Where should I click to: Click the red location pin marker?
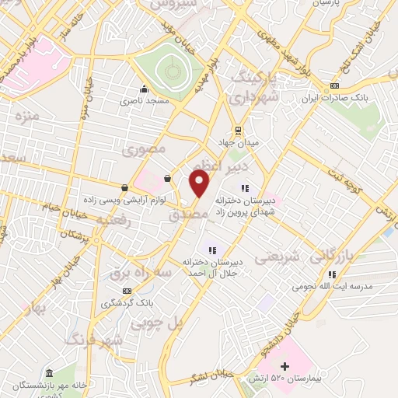coord(200,183)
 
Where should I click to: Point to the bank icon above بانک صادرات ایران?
coord(334,85)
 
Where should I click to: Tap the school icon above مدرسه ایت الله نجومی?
coord(332,274)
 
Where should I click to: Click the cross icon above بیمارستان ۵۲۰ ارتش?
coord(284,366)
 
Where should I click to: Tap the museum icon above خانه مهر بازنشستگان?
coord(49,374)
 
